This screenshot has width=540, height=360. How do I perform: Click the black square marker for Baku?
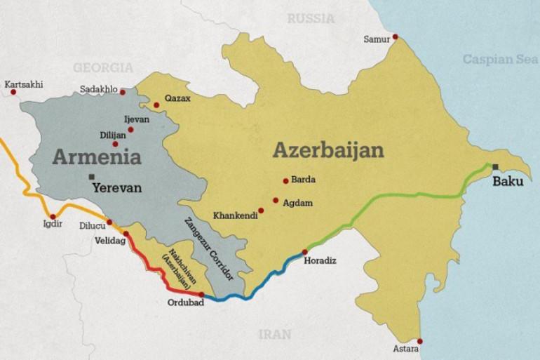click(497, 166)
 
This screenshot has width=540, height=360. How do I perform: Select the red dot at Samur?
click(396, 36)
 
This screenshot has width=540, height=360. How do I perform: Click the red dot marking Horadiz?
click(304, 252)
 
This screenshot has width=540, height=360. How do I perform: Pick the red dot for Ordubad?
click(201, 295)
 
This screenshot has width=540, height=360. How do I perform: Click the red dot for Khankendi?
click(261, 210)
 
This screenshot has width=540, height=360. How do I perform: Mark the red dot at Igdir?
click(53, 217)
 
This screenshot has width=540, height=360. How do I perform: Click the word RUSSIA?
click(311, 19)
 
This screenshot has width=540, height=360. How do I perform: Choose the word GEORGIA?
click(103, 67)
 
